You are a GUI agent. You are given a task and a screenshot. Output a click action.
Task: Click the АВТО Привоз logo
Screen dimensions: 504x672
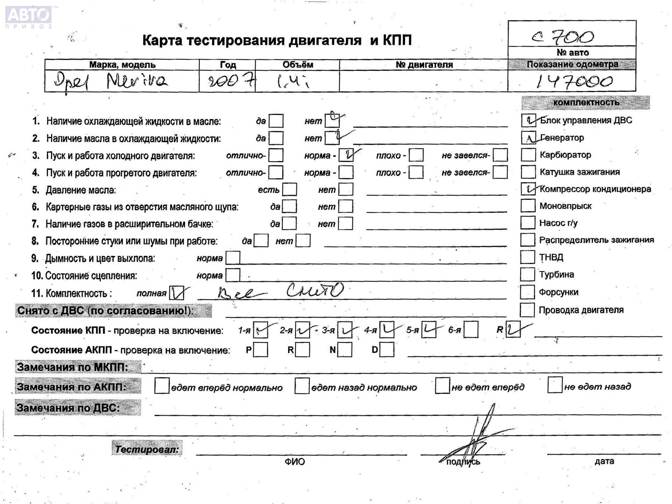coord(29,16)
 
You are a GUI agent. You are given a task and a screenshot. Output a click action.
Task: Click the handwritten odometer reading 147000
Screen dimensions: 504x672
coord(574,82)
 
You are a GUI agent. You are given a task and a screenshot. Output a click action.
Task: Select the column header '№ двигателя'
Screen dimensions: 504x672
coord(424,65)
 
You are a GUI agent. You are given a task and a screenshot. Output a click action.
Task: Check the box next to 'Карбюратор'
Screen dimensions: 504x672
coord(528,155)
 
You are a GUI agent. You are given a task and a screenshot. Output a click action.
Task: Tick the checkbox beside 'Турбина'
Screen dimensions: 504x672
coord(527,274)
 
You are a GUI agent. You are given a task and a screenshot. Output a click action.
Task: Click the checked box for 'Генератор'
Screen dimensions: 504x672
coord(528,138)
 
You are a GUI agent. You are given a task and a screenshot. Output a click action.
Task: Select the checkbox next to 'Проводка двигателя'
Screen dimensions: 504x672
coord(527,310)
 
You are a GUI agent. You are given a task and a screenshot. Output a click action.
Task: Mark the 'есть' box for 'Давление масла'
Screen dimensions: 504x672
coord(289,189)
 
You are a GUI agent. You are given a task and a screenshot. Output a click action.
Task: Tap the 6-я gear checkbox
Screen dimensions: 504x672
coord(471,330)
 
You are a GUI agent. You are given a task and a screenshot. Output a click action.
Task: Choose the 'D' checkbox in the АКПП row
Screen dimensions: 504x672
coord(387,349)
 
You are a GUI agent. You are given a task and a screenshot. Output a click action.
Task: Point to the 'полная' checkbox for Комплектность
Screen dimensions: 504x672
coord(177,293)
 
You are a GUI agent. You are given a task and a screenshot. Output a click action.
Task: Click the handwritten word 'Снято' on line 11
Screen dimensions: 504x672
coord(315,290)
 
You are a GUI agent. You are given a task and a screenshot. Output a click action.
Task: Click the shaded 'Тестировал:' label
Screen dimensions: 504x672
coord(147,449)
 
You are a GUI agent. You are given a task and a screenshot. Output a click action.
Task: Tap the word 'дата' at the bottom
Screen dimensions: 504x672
coord(604,461)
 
